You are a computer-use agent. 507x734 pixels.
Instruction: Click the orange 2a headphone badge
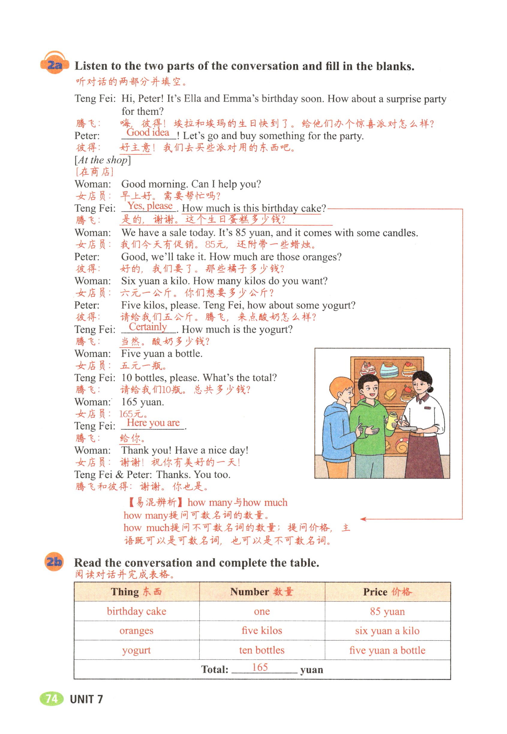tap(55, 64)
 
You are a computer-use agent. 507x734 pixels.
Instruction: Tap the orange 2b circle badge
tap(54, 562)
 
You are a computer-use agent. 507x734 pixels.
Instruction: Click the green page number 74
tap(51, 698)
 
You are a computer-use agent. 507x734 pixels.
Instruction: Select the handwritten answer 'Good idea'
tap(148, 133)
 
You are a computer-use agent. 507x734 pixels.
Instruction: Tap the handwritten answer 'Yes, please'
tap(150, 206)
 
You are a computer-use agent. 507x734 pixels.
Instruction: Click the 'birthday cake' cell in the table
tap(137, 611)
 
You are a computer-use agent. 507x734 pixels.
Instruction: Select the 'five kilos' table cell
tap(262, 630)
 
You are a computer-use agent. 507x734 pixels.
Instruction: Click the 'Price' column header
tap(387, 591)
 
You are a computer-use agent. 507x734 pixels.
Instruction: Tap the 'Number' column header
tap(262, 591)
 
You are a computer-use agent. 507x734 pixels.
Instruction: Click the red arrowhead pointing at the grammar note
tap(363, 519)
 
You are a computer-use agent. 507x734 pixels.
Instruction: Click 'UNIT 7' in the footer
tap(86, 699)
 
